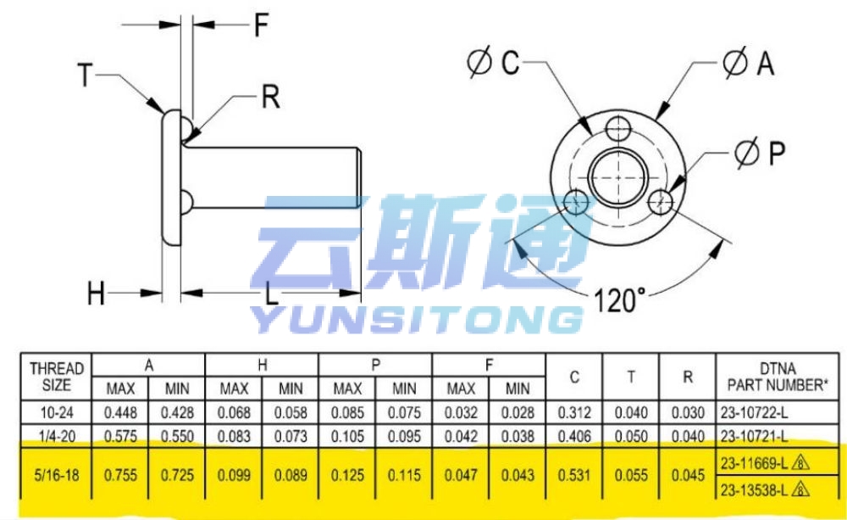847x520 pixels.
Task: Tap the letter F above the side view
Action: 262,25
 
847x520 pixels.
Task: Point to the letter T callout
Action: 86,75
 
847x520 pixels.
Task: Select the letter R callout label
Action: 271,98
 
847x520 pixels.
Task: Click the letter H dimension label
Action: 97,294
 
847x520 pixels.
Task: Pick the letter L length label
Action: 271,294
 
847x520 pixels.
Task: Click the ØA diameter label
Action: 749,62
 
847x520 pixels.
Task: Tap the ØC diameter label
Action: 493,62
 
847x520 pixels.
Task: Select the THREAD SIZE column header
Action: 57,377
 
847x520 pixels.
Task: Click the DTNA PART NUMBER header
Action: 778,377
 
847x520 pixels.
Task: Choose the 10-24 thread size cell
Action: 57,413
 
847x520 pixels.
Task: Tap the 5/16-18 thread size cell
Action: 57,475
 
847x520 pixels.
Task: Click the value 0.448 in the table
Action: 120,413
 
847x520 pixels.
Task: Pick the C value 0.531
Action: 574,475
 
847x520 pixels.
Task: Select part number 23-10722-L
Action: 754,413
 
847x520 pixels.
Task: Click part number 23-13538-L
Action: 754,490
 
